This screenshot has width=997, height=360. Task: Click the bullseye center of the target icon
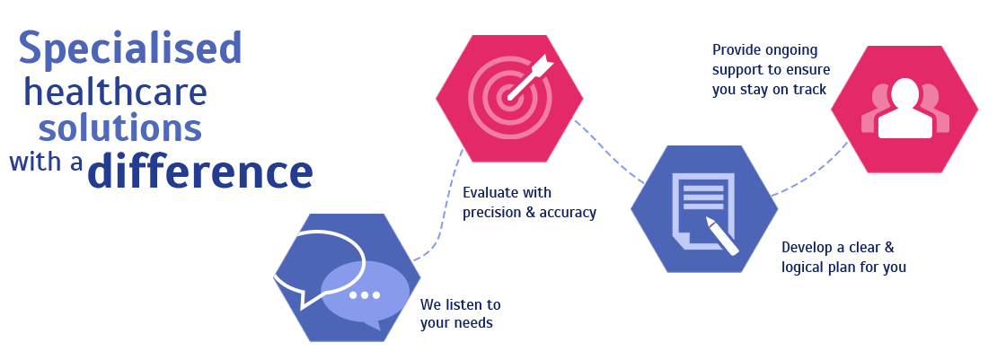point(508,97)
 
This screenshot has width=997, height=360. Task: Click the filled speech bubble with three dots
point(366,293)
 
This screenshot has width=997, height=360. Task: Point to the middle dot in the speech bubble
point(365,295)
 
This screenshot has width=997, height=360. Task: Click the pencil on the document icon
point(722,236)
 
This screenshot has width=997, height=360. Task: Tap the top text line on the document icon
point(703,189)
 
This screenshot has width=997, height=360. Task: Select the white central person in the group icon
point(905,110)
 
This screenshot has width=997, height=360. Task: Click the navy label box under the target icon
point(530,204)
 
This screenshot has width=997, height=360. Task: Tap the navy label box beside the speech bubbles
point(460,315)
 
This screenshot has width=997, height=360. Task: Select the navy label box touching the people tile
point(771,71)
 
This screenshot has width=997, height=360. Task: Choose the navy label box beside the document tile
point(844,259)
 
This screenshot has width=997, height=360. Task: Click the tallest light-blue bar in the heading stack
point(129,50)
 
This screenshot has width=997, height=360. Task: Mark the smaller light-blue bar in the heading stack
point(119,127)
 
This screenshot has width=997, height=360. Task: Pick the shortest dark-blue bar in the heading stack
point(46,161)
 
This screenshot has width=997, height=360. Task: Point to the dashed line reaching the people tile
point(841,149)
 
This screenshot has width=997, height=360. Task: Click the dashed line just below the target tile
point(460,155)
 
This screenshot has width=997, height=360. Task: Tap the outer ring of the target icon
point(474,97)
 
